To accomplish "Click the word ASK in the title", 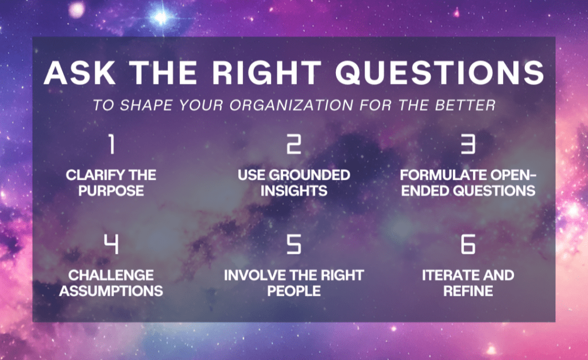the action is tap(80, 72).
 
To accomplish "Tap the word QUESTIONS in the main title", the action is tap(439, 72).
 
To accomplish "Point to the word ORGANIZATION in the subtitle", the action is tap(291, 105).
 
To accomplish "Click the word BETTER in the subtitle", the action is tap(465, 105).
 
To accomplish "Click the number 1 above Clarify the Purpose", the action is tap(111, 144).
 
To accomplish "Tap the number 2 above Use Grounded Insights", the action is tap(293, 144).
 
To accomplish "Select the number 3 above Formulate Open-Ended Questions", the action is tap(468, 144).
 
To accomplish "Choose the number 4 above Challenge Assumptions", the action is tap(111, 244).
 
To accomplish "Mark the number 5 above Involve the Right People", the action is tap(293, 244).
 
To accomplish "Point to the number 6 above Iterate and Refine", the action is tap(468, 244).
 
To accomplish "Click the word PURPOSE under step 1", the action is tap(111, 191).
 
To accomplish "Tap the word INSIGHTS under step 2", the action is tap(294, 191).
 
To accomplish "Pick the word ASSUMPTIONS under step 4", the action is tap(111, 291).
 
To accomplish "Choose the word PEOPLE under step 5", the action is tap(294, 291).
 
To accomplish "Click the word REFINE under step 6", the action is tap(468, 291).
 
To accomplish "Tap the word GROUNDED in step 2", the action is tap(310, 175).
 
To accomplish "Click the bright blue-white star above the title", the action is tap(161, 17).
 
